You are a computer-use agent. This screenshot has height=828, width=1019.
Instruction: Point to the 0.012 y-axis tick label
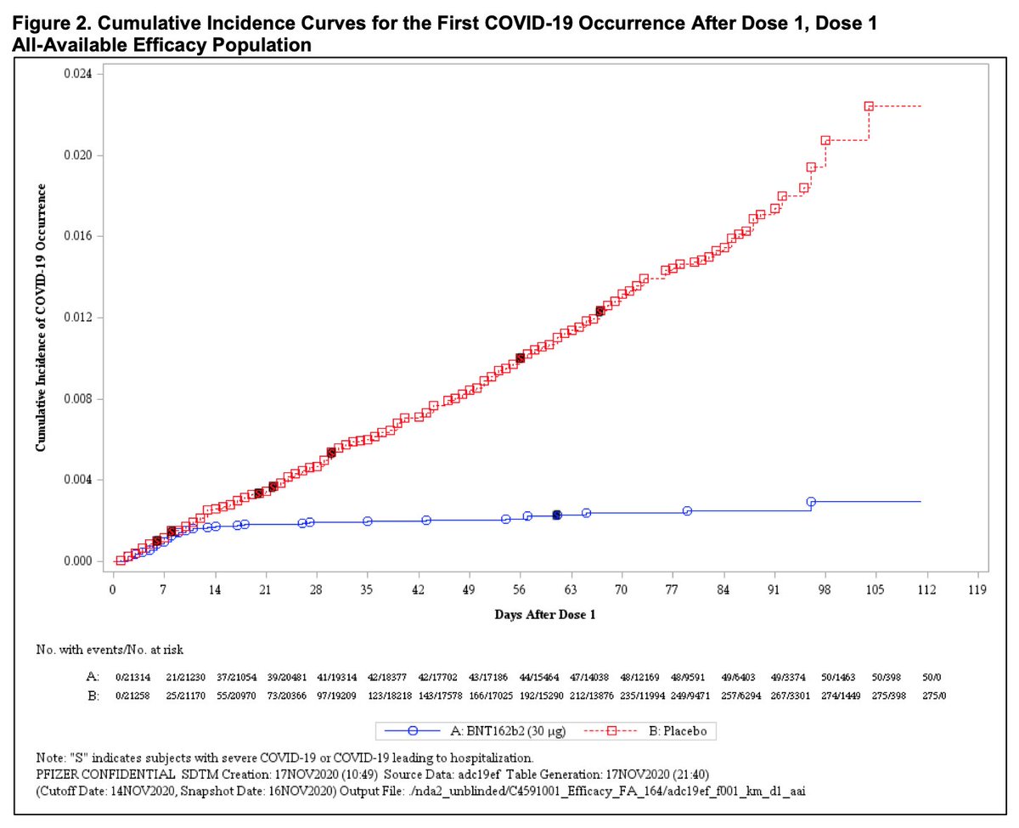click(81, 318)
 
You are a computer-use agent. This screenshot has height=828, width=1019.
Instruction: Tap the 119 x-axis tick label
click(977, 588)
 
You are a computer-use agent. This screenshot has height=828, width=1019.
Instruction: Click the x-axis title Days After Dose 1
click(544, 615)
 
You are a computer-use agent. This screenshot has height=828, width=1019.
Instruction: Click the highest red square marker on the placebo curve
click(869, 106)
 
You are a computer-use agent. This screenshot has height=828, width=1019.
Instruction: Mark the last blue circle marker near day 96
click(811, 502)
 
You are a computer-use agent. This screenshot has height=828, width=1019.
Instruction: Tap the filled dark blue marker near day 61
click(557, 515)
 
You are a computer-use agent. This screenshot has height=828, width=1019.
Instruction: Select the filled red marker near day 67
click(600, 311)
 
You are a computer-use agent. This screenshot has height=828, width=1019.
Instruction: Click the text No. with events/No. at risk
click(110, 650)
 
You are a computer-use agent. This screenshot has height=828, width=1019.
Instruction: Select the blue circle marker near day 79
click(687, 511)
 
